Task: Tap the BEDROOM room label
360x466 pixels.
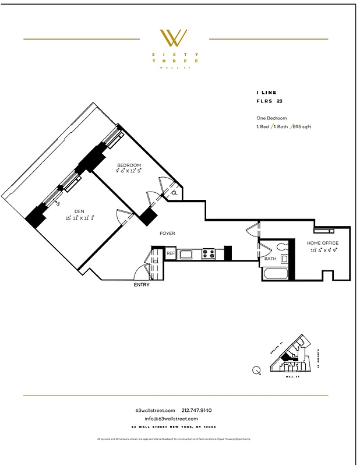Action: click(x=129, y=165)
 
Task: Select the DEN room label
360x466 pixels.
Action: click(x=79, y=211)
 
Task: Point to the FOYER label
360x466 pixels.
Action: click(x=168, y=234)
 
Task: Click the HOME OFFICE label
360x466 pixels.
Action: click(x=323, y=243)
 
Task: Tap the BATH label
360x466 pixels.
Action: click(x=270, y=259)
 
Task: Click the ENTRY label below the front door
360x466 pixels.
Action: click(x=142, y=285)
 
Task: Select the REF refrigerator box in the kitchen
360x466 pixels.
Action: click(x=171, y=253)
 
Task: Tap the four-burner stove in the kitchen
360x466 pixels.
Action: click(x=209, y=253)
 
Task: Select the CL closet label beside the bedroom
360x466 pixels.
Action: click(x=174, y=193)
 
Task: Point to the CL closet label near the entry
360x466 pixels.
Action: click(x=156, y=262)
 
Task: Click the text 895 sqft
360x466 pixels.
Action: click(x=301, y=126)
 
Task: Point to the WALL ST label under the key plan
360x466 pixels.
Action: click(x=290, y=377)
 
